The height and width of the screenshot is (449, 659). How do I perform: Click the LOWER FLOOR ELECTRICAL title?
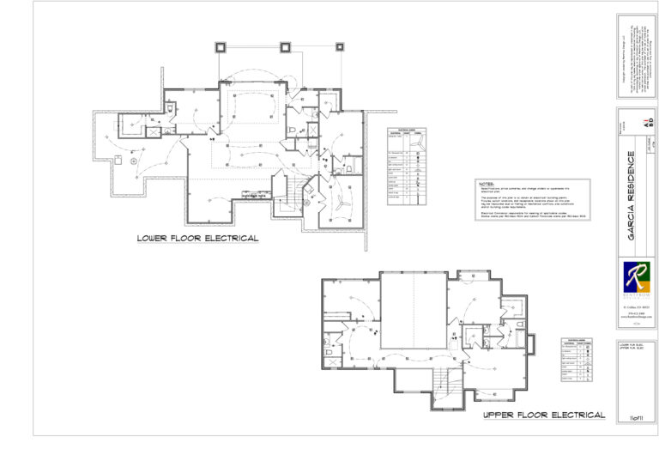(x=197, y=238)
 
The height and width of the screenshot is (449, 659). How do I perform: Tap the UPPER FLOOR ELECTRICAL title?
(x=544, y=415)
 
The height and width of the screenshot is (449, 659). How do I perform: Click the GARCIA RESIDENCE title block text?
(x=632, y=198)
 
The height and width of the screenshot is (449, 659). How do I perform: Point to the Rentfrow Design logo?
(x=636, y=279)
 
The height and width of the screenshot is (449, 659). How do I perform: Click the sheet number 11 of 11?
(x=636, y=416)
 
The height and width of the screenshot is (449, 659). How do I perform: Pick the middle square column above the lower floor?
(x=284, y=46)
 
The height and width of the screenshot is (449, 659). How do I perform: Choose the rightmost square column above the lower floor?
(x=340, y=46)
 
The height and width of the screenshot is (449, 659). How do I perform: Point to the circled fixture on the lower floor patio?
(x=134, y=161)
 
